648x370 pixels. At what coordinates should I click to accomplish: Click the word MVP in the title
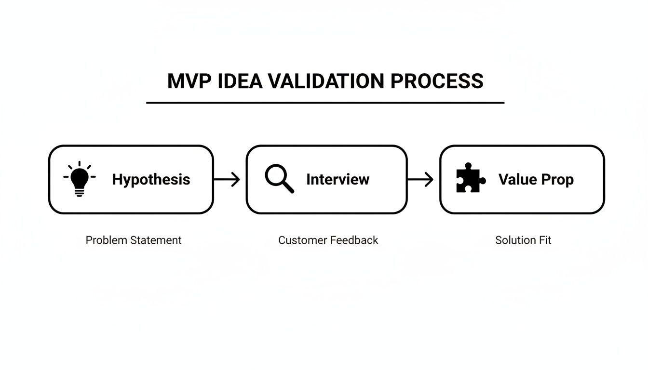pyautogui.click(x=189, y=81)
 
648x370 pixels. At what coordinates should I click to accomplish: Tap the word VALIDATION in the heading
pyautogui.click(x=326, y=81)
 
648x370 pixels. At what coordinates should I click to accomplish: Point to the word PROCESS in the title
pyautogui.click(x=437, y=81)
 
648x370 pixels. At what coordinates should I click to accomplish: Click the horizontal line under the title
pyautogui.click(x=325, y=103)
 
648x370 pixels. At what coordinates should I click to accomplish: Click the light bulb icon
pyautogui.click(x=80, y=179)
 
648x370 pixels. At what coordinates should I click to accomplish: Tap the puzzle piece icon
pyautogui.click(x=471, y=178)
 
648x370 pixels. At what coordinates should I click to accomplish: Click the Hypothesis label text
pyautogui.click(x=151, y=180)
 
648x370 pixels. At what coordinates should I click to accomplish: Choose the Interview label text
pyautogui.click(x=337, y=180)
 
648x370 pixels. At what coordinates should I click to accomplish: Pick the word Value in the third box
pyautogui.click(x=517, y=180)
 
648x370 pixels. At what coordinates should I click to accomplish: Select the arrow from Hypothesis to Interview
pyautogui.click(x=227, y=180)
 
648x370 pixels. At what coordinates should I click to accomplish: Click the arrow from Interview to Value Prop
pyautogui.click(x=420, y=180)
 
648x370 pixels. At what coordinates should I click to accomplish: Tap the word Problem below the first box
pyautogui.click(x=104, y=240)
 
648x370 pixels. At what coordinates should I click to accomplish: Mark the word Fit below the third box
pyautogui.click(x=545, y=240)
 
